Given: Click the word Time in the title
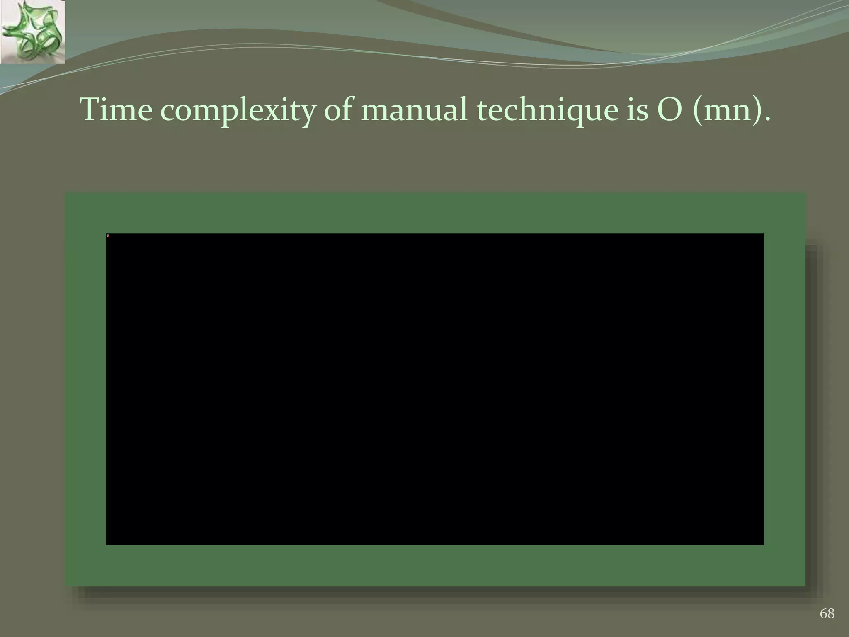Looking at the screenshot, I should point(116,110).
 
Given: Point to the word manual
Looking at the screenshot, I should point(414,110).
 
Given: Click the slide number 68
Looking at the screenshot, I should point(827,613).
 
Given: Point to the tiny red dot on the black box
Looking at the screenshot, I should point(108,236).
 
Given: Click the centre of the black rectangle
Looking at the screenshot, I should point(435,389).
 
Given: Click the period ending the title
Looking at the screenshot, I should point(767,120).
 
